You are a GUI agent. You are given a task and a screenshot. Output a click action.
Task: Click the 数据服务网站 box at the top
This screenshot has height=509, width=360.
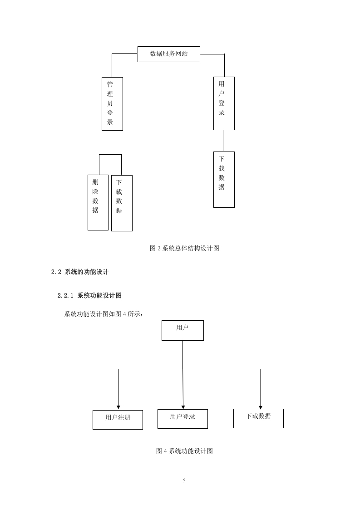[x=168, y=54]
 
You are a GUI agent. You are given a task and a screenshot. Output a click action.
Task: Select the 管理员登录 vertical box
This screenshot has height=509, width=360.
[x=112, y=104]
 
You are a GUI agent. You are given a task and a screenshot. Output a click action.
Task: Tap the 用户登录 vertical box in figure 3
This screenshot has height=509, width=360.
[x=224, y=103]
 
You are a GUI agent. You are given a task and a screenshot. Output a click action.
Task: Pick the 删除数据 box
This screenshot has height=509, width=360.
[x=98, y=203]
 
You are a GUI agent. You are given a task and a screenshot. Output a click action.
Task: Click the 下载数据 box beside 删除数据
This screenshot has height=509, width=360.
[x=122, y=203]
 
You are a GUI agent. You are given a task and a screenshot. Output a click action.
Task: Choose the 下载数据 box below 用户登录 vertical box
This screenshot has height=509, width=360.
[x=224, y=180]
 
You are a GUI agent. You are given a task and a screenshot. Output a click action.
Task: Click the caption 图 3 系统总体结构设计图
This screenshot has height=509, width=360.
[x=184, y=248]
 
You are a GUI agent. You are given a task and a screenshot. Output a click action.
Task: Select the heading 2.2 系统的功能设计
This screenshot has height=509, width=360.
[x=80, y=272]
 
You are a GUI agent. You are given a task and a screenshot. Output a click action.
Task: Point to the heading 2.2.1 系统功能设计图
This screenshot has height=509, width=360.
[x=90, y=295]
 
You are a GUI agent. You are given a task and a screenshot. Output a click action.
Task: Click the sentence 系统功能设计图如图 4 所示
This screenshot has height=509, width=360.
[x=104, y=314]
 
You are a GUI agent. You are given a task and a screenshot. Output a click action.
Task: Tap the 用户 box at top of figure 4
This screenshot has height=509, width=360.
[x=182, y=330]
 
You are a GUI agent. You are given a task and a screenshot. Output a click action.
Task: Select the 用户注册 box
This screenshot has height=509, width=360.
[x=118, y=420]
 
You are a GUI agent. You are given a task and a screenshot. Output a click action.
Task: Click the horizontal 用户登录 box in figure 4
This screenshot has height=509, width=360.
[x=182, y=419]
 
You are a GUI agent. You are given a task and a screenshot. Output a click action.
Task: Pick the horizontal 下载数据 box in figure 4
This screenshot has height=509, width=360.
[x=258, y=418]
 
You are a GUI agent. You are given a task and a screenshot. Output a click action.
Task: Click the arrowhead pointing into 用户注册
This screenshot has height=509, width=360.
[x=118, y=407]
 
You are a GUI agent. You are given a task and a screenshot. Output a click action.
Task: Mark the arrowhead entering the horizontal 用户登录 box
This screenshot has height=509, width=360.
[x=183, y=407]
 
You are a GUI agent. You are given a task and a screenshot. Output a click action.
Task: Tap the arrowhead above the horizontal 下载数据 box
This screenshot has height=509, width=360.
[x=260, y=407]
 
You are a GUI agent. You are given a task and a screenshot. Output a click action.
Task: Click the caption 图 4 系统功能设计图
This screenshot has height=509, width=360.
[x=184, y=451]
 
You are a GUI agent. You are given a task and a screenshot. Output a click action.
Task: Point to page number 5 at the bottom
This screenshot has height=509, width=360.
[x=184, y=480]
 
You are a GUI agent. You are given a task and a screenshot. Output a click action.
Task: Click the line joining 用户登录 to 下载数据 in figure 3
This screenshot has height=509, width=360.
[x=223, y=141]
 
